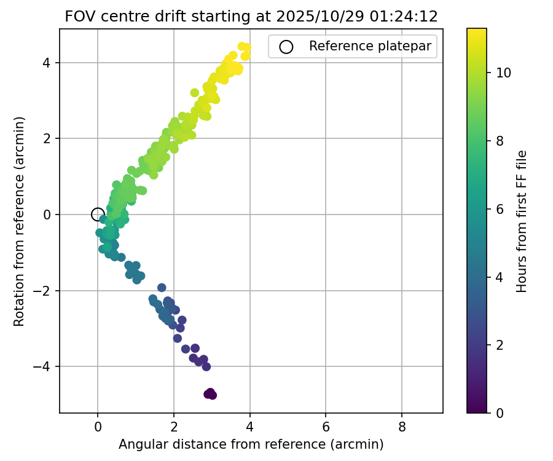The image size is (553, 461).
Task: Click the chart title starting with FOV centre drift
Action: (x=251, y=17)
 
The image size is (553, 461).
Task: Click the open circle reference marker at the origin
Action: (x=98, y=214)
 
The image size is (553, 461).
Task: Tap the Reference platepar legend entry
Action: (x=353, y=46)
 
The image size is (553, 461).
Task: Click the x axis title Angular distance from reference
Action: (x=251, y=444)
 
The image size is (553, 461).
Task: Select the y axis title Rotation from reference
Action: (x=19, y=221)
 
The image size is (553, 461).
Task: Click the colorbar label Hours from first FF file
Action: (x=522, y=221)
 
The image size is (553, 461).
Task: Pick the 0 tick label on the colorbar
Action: (x=500, y=412)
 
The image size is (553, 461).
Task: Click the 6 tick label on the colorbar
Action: (x=500, y=209)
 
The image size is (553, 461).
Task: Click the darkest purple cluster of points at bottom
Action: (x=210, y=393)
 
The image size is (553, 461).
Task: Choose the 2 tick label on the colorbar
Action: (x=500, y=345)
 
